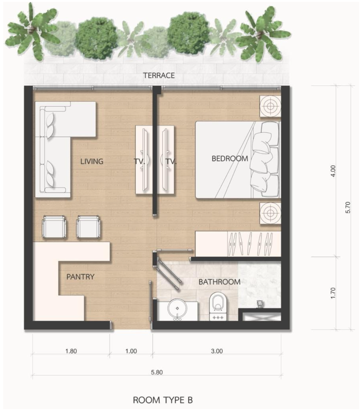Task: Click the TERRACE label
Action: point(159,75)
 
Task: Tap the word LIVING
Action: point(92,162)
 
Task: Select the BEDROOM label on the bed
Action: point(230,159)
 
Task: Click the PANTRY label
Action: point(80,277)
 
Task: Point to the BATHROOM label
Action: point(220,282)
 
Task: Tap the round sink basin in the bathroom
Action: point(177,309)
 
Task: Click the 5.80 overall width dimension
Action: point(157,372)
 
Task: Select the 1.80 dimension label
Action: point(71,351)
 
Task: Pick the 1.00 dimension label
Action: point(131,351)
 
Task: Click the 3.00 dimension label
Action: point(217,351)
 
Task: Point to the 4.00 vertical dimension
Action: point(333,171)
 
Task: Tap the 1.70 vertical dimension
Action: point(333,293)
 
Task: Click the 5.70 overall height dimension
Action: point(348,207)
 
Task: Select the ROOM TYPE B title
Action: point(163,400)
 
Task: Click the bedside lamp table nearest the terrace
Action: point(270,106)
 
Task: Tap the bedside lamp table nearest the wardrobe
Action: point(270,213)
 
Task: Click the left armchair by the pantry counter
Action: point(54,227)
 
